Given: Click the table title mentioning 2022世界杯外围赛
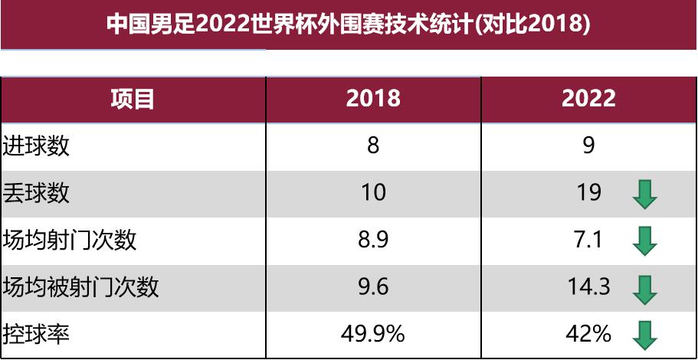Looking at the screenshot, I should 349,24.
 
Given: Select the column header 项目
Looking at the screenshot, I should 133,99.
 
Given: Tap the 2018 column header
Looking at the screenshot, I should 373,99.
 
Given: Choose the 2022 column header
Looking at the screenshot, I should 588,99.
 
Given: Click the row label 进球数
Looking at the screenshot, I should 37,146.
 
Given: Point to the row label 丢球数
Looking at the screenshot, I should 37,193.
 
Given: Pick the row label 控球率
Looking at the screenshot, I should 37,334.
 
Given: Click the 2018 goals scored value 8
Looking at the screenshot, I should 373,146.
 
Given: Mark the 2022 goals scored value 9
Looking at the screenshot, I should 588,146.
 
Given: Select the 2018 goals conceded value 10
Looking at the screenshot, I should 373,193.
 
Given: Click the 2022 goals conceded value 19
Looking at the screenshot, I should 588,193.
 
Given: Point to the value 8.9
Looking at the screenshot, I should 373,241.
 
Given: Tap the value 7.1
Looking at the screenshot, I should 588,241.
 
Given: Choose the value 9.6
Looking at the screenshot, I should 373,287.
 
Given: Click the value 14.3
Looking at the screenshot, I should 588,287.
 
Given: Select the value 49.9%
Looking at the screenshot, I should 373,334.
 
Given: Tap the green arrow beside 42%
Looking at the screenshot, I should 645,334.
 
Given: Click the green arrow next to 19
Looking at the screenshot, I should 645,195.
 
